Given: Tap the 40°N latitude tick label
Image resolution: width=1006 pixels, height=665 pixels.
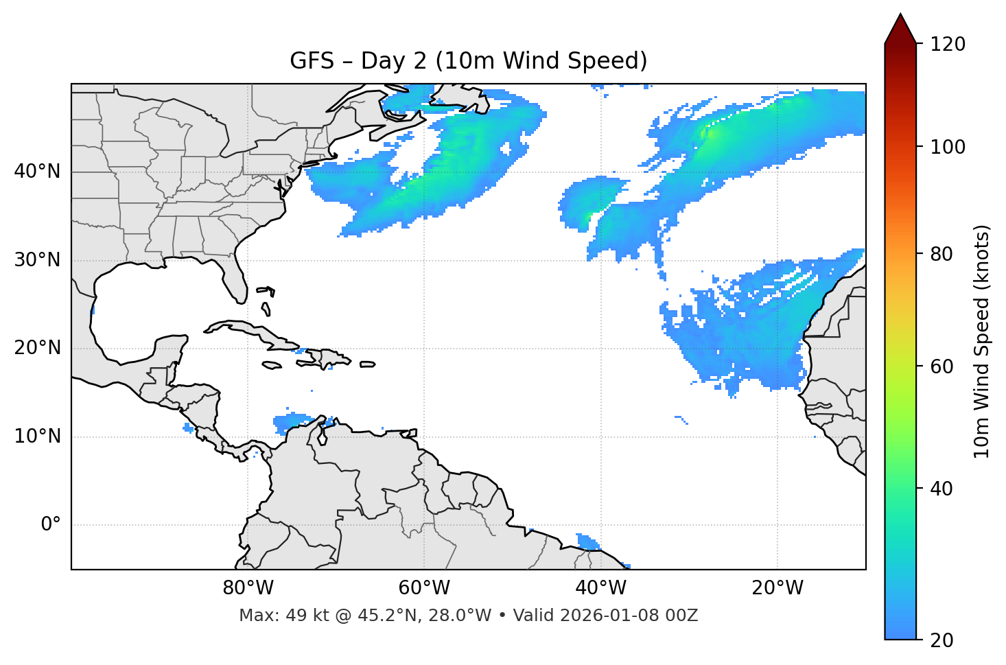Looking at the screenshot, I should tap(37, 172).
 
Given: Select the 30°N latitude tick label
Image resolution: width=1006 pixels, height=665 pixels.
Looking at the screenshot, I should tap(37, 260).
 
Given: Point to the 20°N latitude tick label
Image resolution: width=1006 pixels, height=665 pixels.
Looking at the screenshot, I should tap(37, 348).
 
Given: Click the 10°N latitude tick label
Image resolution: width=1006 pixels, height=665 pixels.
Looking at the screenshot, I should tap(37, 436).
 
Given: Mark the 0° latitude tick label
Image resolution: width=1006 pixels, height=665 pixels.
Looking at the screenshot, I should tap(51, 525).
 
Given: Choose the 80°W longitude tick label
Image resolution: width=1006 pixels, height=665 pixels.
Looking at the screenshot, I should tap(248, 588).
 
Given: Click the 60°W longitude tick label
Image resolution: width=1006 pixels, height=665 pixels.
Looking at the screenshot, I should tap(424, 588).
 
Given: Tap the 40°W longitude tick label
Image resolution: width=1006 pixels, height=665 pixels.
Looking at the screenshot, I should tap(601, 588).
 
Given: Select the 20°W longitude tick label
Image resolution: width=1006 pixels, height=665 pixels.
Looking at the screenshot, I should tap(777, 588).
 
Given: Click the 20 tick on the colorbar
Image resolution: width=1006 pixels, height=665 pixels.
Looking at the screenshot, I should tap(941, 640).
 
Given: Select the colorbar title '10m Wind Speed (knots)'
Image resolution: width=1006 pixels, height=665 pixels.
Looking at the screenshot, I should tap(982, 341).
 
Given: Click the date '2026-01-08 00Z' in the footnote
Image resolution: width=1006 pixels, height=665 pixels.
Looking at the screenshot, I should tap(629, 616).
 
